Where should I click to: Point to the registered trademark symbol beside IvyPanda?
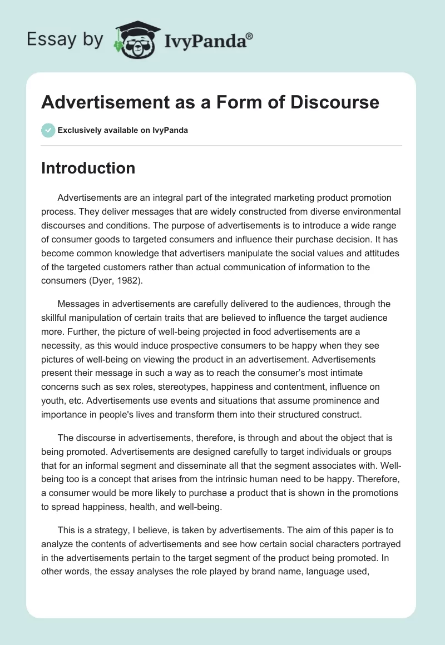click(250, 36)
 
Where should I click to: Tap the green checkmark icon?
click(48, 130)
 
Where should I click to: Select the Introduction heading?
click(88, 168)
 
